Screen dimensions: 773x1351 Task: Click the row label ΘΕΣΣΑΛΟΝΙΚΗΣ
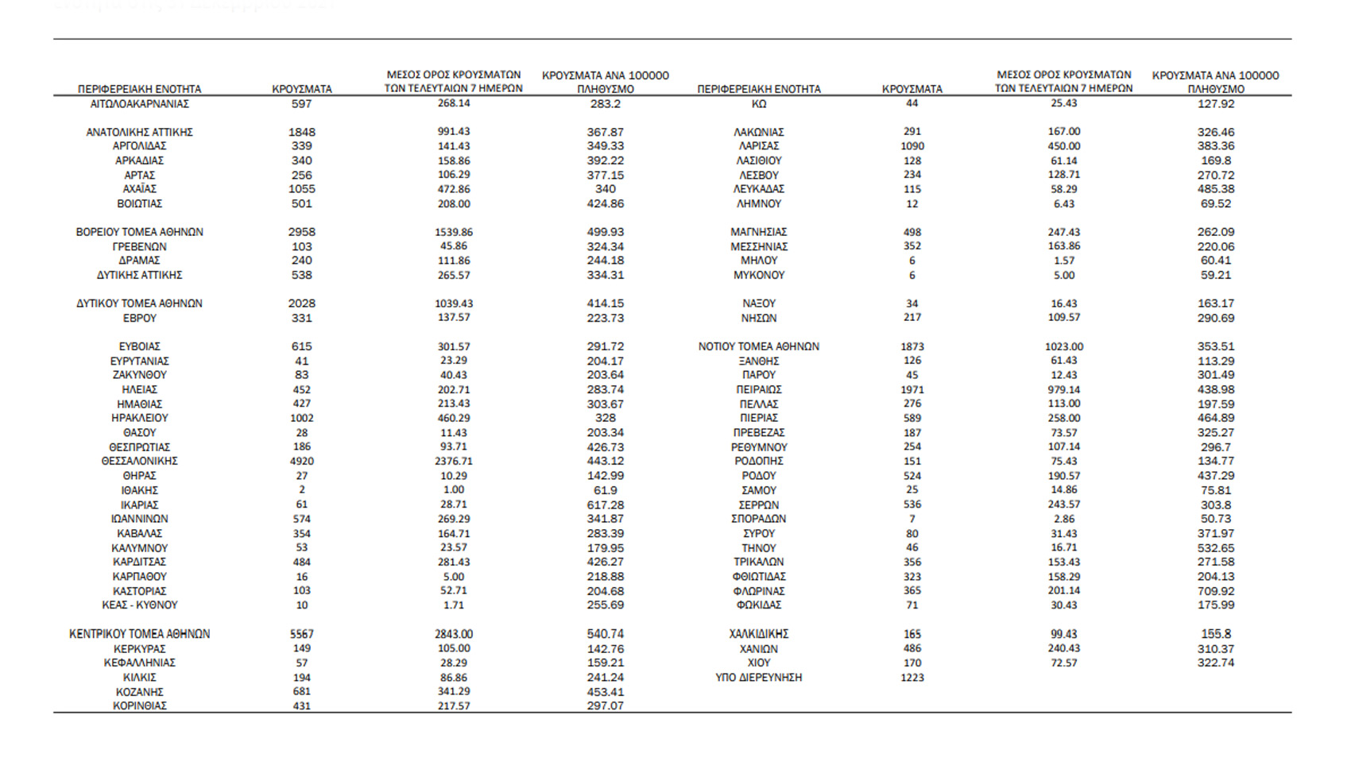tap(140, 461)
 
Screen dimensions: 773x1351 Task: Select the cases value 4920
tap(302, 461)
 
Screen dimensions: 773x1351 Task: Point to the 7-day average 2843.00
tap(454, 634)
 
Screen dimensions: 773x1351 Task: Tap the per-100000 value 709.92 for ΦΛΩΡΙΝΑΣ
tap(1216, 591)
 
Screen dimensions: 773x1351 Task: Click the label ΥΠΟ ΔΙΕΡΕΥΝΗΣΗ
tap(759, 678)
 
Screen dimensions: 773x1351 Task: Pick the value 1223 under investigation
tap(912, 678)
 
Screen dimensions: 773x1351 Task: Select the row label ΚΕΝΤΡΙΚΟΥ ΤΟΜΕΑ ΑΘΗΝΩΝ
tap(140, 634)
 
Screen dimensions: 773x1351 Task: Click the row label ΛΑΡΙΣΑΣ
tap(759, 146)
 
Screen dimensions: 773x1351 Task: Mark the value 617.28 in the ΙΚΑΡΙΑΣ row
tap(606, 504)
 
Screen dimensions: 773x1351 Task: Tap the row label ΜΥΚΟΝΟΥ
tap(759, 275)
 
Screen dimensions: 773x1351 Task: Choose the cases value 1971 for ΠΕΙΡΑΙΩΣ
tap(912, 389)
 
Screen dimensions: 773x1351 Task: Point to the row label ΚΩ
tap(759, 104)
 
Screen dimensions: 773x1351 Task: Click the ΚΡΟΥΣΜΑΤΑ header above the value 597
tap(302, 89)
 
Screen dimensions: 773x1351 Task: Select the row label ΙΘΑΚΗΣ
tap(140, 490)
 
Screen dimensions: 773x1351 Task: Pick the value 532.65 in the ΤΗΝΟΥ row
tap(1216, 548)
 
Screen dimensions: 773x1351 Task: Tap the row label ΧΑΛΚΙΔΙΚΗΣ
tap(759, 634)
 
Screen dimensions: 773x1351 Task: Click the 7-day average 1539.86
tap(454, 232)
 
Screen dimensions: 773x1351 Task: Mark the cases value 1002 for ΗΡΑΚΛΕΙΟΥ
tap(302, 418)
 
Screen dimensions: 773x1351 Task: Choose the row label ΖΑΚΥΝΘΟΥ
tap(140, 375)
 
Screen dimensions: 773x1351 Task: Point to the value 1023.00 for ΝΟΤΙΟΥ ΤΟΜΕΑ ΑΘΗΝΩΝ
tap(1064, 346)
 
